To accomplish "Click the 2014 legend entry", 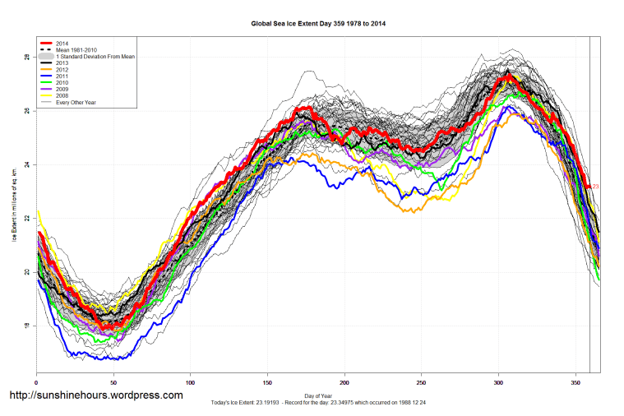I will point(62,43).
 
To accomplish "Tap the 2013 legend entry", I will point(62,62).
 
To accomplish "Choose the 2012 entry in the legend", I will point(62,69).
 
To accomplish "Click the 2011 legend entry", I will point(62,76).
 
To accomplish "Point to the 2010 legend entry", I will point(62,82).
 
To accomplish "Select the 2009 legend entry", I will point(62,89).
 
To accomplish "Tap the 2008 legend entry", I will point(62,95).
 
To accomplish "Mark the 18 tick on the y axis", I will point(27,326).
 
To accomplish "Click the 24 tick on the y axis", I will point(27,164).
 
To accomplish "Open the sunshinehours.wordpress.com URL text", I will point(95,395).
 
